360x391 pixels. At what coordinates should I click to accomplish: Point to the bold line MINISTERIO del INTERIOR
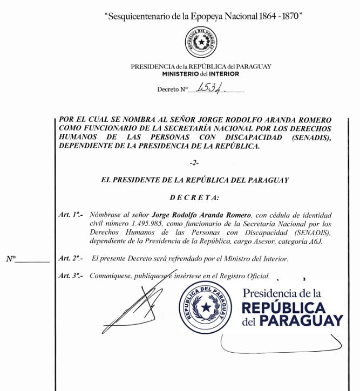[200, 73]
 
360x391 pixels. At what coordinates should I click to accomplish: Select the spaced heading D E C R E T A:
[195, 198]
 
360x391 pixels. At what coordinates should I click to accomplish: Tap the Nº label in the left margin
[11, 259]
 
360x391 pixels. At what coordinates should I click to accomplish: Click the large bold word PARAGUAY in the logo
[301, 321]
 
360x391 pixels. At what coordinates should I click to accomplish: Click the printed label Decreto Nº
[172, 90]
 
